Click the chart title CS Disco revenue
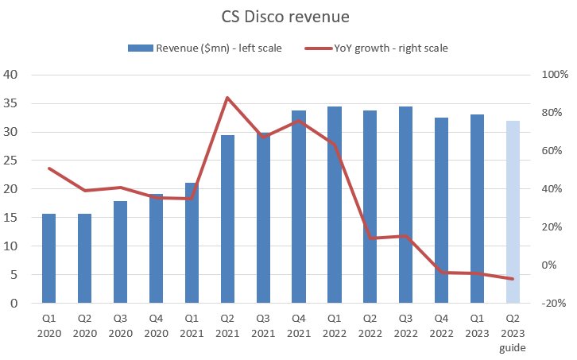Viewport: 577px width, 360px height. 288,17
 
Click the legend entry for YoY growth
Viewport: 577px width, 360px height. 377,48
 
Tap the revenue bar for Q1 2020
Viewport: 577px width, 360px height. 48,258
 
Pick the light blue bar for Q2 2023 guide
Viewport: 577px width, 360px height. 513,212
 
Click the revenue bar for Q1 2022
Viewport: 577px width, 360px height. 335,205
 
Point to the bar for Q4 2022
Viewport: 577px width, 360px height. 441,211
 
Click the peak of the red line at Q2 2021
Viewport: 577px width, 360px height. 227,98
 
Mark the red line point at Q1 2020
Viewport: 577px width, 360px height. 48,168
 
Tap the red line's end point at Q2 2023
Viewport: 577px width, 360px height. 513,279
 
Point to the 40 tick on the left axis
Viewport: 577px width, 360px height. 11,75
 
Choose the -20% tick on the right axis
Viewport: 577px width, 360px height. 553,304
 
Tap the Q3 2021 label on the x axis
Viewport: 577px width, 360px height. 263,323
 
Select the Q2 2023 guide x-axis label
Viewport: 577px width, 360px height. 513,331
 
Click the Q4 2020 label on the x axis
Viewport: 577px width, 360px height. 156,323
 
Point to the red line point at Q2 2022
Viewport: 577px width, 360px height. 370,238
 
